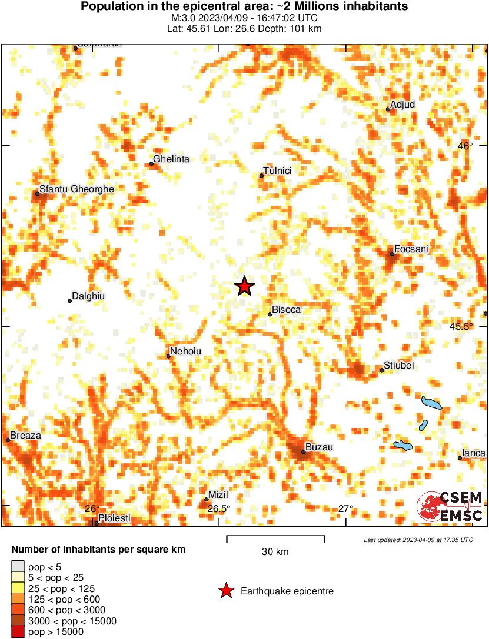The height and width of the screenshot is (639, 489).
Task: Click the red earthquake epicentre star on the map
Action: click(x=245, y=286)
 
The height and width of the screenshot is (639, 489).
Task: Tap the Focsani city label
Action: click(x=412, y=249)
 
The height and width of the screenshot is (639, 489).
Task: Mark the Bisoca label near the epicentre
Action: click(x=287, y=310)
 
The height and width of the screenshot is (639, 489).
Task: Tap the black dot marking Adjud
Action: click(x=388, y=109)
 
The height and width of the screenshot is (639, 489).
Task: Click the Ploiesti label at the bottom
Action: click(x=115, y=518)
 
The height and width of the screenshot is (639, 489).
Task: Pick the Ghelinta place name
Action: click(x=171, y=159)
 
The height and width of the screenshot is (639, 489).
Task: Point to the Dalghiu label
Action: click(x=88, y=296)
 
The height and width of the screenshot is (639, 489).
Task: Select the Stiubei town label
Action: click(x=399, y=366)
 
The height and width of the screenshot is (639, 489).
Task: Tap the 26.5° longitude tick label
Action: click(x=219, y=508)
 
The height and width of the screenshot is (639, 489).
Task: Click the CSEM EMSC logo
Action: click(x=450, y=506)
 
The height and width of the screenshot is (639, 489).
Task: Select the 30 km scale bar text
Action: click(x=275, y=551)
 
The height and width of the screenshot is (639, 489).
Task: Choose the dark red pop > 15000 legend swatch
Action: click(x=18, y=632)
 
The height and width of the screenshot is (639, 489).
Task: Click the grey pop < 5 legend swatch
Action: click(x=18, y=567)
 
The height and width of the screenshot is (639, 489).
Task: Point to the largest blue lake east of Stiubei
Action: click(x=431, y=403)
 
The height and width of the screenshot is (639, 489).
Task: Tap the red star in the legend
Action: click(x=226, y=591)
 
